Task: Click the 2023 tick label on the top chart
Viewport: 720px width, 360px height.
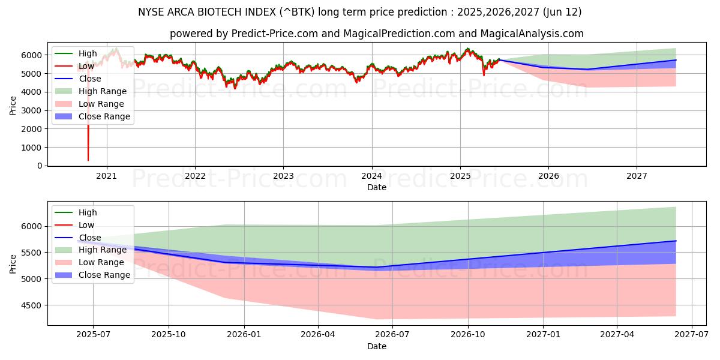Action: (x=283, y=176)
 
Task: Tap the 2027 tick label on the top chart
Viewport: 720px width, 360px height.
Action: (x=637, y=176)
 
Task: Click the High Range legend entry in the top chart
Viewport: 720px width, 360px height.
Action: (x=103, y=91)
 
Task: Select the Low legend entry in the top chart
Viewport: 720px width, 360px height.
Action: (x=87, y=66)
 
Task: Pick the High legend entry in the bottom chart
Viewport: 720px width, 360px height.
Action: (x=88, y=212)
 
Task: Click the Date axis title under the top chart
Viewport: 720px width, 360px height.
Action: (x=376, y=187)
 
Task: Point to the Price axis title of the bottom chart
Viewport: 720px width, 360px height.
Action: (x=13, y=263)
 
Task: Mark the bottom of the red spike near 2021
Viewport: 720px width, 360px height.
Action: (x=88, y=160)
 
